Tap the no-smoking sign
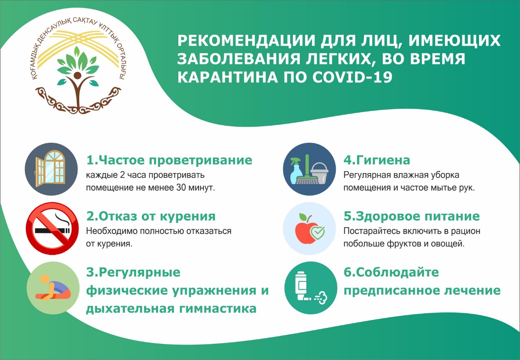coord(52,228)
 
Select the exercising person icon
coord(53,288)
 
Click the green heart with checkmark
coord(318,233)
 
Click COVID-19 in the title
coord(352,77)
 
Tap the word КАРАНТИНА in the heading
coord(228,77)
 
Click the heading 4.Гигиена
coord(377,160)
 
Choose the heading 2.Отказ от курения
coord(151,216)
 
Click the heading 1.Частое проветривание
coord(169,160)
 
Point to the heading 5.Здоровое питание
coord(412,216)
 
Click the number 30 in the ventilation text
coord(181,187)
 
